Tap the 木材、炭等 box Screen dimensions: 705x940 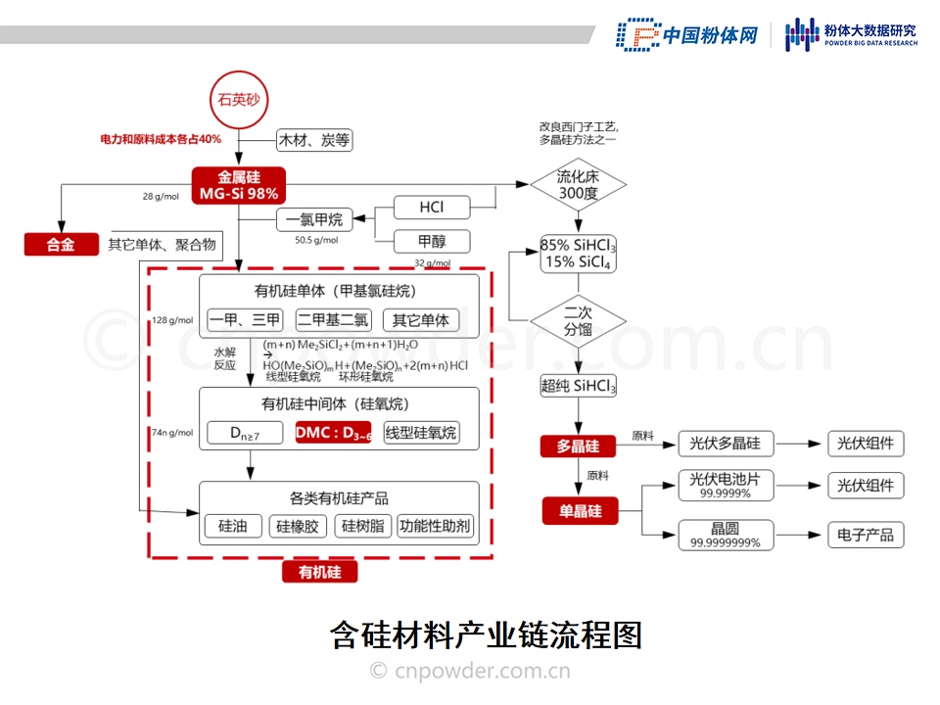coord(314,140)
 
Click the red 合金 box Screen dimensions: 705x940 coord(61,245)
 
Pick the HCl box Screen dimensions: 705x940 coord(432,208)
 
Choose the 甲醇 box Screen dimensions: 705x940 coord(432,241)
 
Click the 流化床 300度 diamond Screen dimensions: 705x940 coord(578,185)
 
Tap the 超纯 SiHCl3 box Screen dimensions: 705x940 coord(578,386)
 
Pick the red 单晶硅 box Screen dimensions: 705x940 coord(580,511)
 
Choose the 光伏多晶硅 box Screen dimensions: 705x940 coord(724,444)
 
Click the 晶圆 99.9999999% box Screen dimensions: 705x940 coord(724,535)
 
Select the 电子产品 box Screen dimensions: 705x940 coord(866,535)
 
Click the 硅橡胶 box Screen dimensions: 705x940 coord(298,526)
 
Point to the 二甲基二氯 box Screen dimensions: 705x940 coord(334,319)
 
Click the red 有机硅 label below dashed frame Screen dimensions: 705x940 coord(319,572)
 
